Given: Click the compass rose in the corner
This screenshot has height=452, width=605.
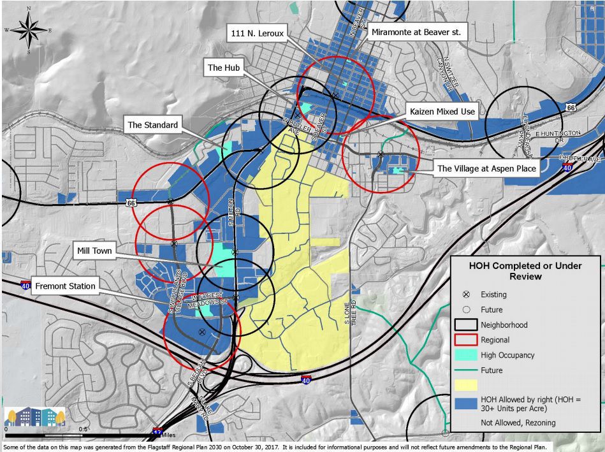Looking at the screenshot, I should tap(29, 29).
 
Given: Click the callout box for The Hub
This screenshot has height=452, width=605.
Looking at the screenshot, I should tap(224, 68).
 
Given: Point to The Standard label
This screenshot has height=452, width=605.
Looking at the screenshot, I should tap(152, 125).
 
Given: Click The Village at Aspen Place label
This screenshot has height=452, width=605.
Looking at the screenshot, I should tap(487, 169).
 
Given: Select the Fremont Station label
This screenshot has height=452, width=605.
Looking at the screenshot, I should tap(66, 286).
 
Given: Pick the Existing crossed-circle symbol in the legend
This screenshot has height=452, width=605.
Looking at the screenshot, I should tap(467, 295).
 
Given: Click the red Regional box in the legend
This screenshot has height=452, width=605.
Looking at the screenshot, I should tap(467, 340).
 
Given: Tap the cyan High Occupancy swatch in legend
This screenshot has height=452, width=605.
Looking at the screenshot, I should tap(467, 355).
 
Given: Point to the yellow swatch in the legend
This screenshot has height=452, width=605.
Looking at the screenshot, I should tap(467, 385).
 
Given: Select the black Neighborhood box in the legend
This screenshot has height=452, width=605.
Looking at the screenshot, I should tap(467, 325).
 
